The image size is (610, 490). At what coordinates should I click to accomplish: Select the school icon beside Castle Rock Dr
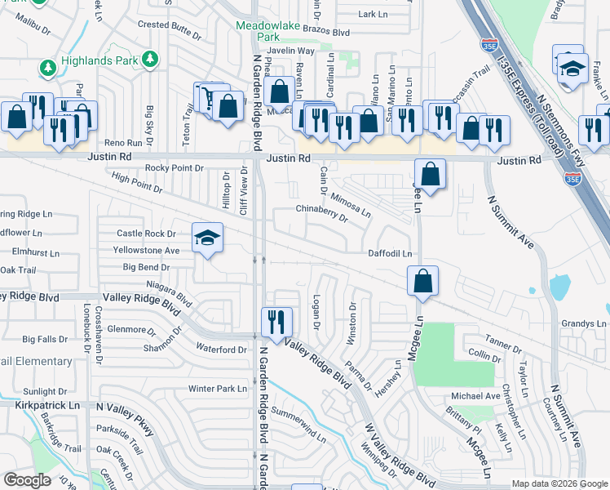pos(208,238)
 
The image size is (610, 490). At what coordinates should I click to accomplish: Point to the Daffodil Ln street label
pos(389,254)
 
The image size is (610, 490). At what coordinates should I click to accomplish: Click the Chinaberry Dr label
pos(321,212)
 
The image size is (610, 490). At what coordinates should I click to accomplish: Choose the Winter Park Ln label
pos(217,389)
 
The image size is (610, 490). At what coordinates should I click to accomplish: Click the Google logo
pos(28,480)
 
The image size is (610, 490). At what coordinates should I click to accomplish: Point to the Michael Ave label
pos(475,396)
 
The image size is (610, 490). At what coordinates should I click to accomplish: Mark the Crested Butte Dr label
pos(169,25)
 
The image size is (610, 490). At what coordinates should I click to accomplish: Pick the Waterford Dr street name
pos(221,350)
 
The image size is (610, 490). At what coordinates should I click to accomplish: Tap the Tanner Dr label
pos(503,339)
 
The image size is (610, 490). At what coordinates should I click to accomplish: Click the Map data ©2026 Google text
pos(559,483)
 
